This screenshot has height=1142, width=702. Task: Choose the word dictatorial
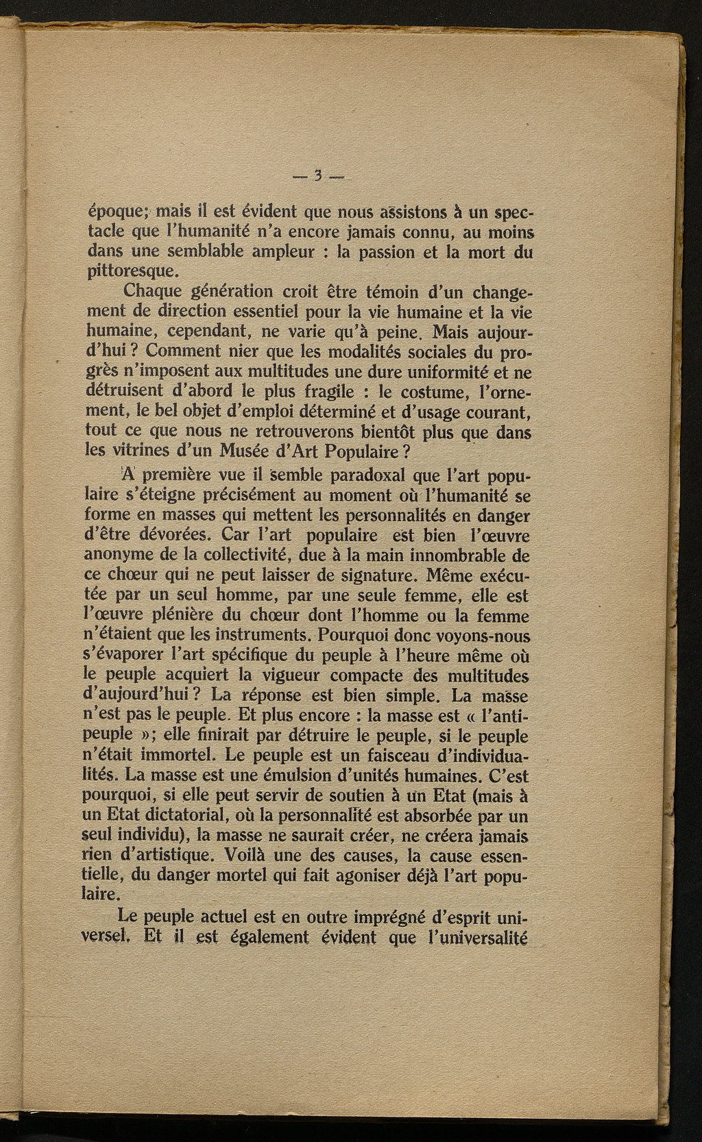tap(181, 817)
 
